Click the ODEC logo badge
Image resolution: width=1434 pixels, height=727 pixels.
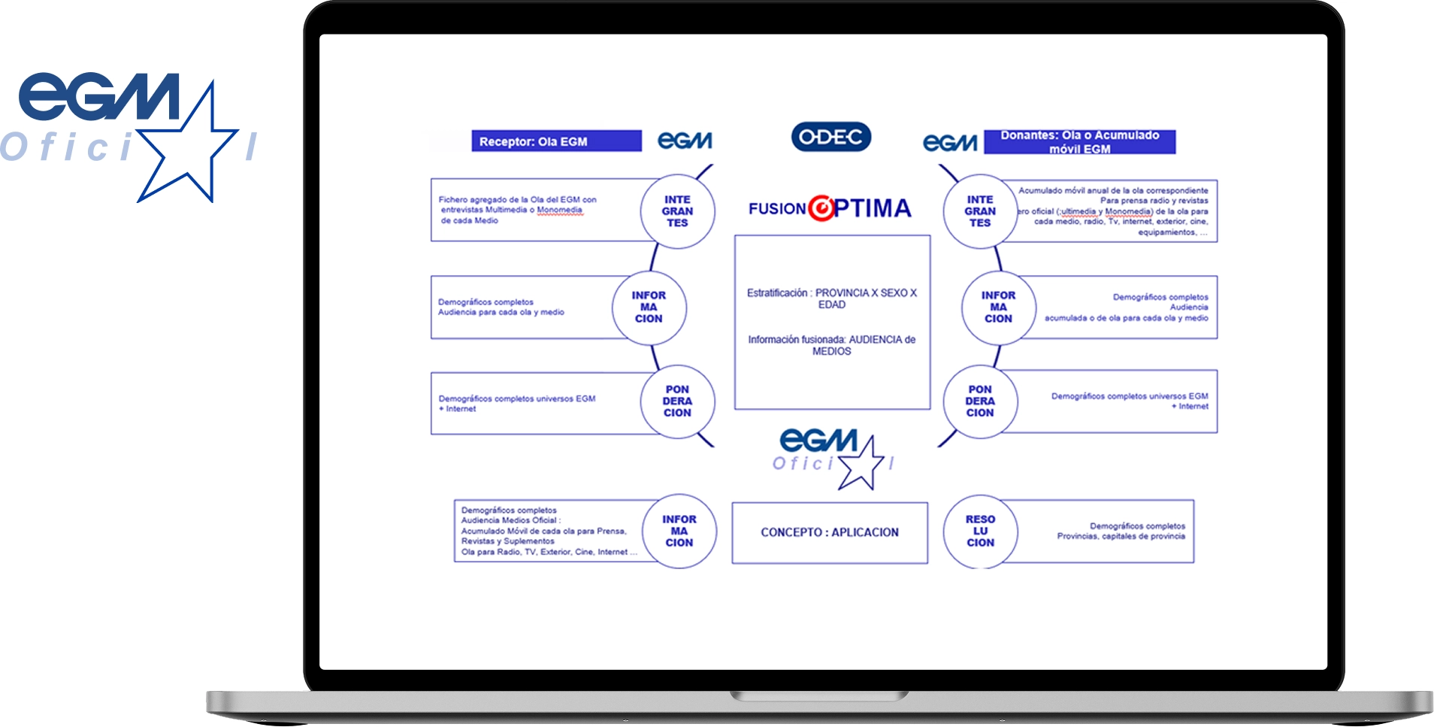[x=830, y=137]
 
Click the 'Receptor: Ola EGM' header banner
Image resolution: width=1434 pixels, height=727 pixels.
[x=556, y=141]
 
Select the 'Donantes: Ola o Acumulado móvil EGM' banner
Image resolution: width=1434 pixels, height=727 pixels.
[x=1079, y=142]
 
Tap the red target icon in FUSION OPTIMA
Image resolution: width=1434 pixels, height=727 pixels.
[x=821, y=207]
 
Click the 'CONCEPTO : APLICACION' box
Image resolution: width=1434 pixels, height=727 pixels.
[x=830, y=532]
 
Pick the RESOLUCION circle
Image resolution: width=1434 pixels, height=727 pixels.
[x=980, y=531]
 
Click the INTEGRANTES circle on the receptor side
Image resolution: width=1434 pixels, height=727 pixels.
[x=677, y=211]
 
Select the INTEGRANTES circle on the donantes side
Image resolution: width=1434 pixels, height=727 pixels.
[x=980, y=211]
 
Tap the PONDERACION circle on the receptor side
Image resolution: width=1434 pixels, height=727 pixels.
[x=677, y=401]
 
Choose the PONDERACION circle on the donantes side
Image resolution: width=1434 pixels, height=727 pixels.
[x=980, y=401]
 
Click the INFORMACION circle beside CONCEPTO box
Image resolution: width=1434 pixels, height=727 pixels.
[x=679, y=531]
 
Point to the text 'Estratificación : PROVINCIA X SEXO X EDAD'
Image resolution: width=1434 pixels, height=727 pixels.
[x=831, y=298]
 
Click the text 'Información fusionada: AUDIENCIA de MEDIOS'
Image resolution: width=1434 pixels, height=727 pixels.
[x=831, y=345]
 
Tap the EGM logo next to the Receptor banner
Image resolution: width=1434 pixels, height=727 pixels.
[x=685, y=141]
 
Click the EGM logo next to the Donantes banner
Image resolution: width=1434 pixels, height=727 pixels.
[x=950, y=142]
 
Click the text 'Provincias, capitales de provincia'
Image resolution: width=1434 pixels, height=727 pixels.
[x=1121, y=536]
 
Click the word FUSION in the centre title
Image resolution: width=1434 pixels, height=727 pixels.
[x=777, y=209]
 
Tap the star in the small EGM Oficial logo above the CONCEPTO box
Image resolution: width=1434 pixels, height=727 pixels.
[x=861, y=463]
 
